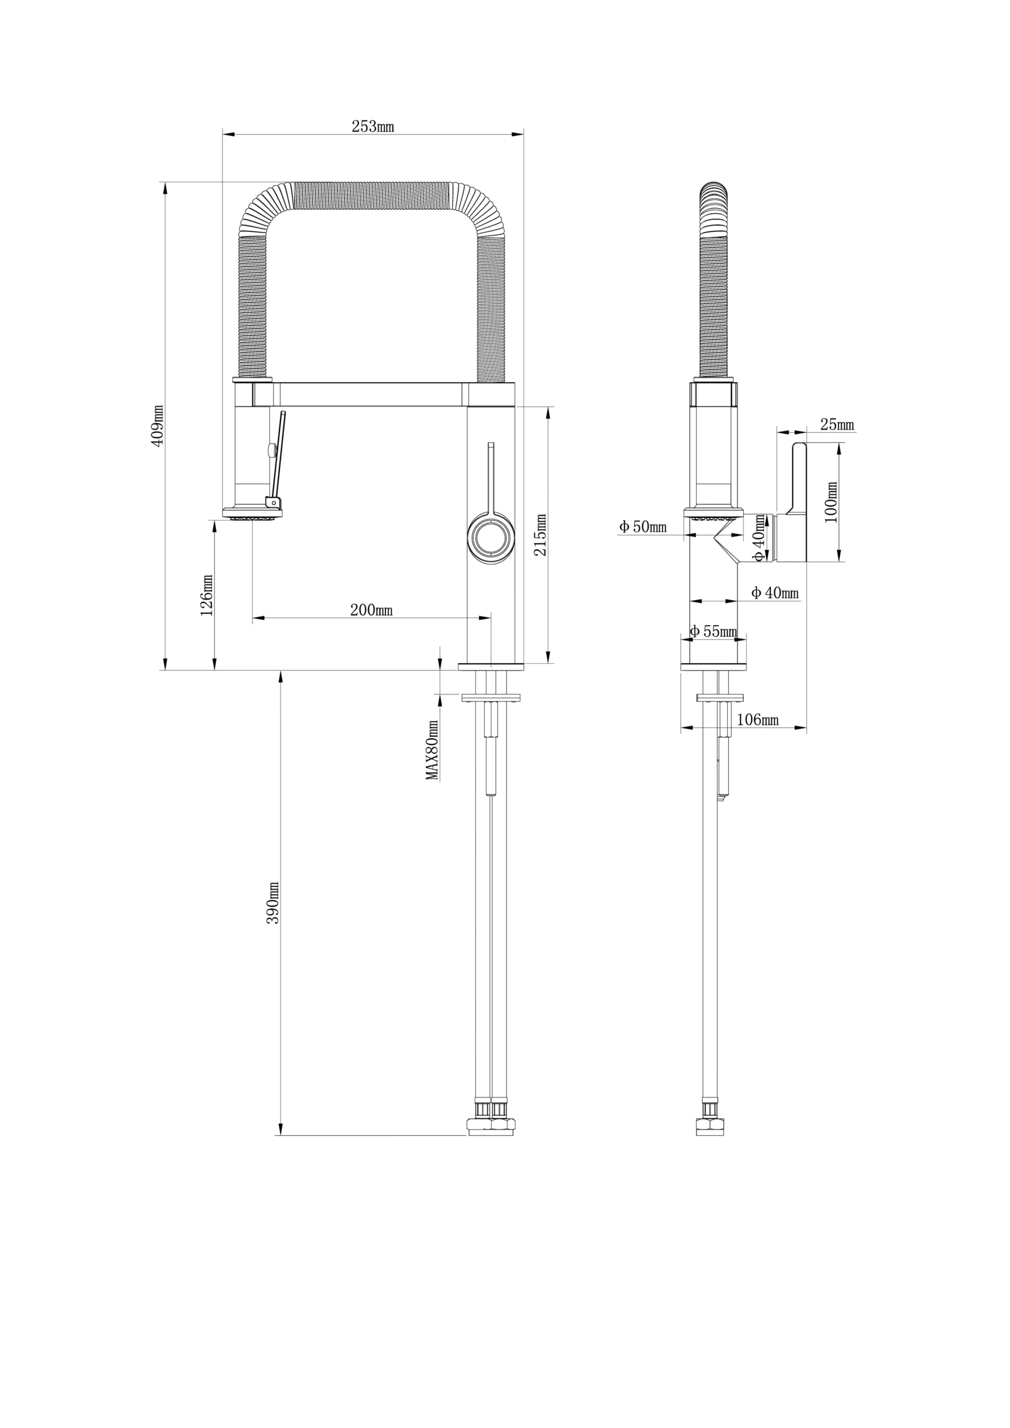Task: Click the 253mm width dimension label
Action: coord(373,126)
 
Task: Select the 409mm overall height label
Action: coord(157,426)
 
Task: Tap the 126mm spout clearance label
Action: coord(206,595)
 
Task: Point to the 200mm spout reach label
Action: coord(371,610)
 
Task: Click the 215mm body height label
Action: coord(540,535)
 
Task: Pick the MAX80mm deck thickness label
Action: coord(432,750)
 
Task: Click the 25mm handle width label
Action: coord(837,425)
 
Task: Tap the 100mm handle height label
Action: coord(831,503)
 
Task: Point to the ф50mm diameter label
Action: coord(642,527)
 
